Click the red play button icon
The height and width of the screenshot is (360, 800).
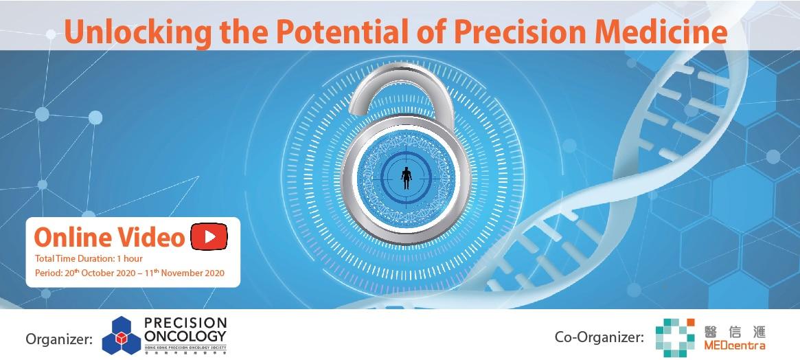[x=209, y=236]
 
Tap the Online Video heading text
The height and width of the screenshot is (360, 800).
[x=109, y=237]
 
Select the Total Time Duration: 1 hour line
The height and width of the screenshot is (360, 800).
[x=89, y=259]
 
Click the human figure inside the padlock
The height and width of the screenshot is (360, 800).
[x=407, y=178]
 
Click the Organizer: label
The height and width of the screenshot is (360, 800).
[x=58, y=338]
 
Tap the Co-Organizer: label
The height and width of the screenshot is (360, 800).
[x=599, y=337]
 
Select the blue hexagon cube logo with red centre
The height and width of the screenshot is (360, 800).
[x=122, y=335]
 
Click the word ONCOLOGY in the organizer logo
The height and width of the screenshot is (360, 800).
[x=185, y=336]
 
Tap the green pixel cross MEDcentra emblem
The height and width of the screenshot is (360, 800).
[x=675, y=337]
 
